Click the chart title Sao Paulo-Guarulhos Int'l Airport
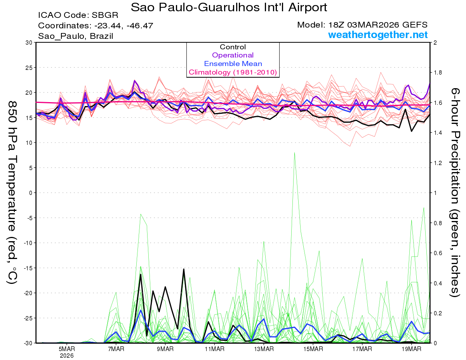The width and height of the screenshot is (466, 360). pos(229,7)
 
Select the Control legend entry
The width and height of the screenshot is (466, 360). pos(233,47)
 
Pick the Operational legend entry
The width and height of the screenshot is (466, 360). pos(233,55)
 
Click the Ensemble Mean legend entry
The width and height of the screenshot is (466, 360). pos(233,64)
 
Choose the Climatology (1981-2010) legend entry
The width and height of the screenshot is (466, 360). pos(233,72)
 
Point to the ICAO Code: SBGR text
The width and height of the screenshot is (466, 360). pos(78,16)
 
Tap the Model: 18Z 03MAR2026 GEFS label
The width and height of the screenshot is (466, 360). pos(362,25)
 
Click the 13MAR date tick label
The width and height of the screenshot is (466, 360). pos(264,349)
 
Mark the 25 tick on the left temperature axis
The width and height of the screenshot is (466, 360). pos(28,68)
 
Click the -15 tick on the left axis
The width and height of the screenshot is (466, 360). pos(27,268)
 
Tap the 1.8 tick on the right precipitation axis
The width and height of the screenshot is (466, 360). pos(438,73)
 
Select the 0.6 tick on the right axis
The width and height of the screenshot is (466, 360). pos(438,253)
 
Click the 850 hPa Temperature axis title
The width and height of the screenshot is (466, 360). pos(12,192)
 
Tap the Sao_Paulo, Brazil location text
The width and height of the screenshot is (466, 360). pos(75,36)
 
